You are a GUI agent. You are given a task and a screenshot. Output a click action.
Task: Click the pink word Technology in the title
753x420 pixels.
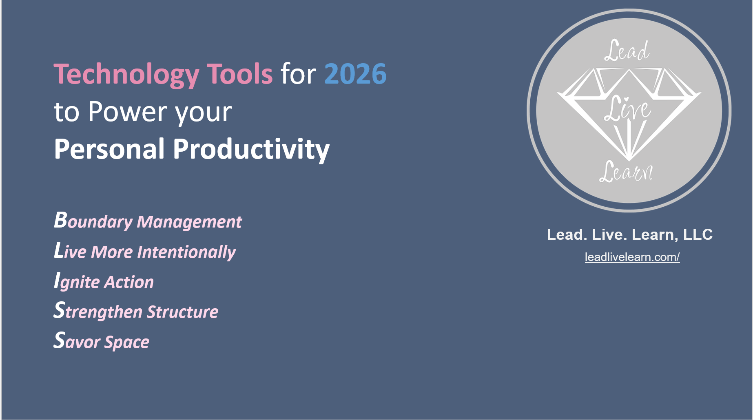coord(126,75)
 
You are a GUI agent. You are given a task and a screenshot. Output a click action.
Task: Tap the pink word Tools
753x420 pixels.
coord(239,74)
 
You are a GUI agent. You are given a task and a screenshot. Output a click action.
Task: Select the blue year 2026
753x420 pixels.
coord(355,74)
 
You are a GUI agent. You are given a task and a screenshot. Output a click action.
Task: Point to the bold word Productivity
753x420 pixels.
coord(251,149)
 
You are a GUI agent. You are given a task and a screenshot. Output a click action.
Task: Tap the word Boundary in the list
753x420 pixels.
coord(93,221)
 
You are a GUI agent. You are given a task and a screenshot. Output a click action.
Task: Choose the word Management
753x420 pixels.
coord(189,222)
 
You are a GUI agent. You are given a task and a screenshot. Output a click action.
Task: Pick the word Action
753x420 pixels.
coord(129,282)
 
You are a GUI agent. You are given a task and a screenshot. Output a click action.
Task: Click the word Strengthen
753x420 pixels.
coord(98,312)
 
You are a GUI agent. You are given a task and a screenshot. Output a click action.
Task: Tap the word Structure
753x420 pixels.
coord(183,312)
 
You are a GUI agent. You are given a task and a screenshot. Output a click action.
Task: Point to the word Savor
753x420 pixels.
coord(77,342)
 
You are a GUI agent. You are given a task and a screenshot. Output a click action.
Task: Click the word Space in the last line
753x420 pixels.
coord(127,343)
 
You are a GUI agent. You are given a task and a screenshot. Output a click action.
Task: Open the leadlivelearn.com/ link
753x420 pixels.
coord(632,257)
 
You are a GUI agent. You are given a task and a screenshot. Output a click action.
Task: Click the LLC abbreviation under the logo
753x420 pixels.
coord(698,234)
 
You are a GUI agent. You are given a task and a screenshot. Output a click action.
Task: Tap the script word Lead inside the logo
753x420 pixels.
coord(627,51)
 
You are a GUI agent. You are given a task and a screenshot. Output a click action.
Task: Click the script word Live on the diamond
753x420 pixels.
coord(627,109)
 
